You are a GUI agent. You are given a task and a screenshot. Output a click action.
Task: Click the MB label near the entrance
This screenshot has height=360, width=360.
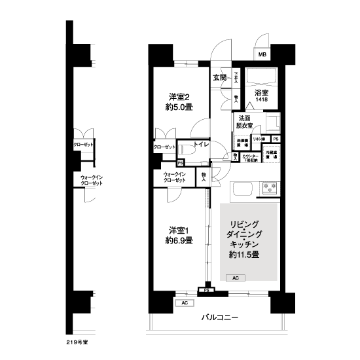click(262, 55)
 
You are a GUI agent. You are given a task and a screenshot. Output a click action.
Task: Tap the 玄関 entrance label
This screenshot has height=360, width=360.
click(219, 77)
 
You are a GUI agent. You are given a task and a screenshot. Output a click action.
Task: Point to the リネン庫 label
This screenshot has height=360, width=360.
click(259, 139)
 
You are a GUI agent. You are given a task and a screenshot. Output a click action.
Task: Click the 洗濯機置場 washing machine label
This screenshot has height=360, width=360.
click(242, 141)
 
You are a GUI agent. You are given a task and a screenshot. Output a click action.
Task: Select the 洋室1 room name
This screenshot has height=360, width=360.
click(178, 230)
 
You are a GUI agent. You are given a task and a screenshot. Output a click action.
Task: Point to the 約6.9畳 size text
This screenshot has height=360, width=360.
click(178, 242)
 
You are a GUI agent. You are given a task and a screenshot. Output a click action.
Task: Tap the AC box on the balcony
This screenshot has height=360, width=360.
click(185, 303)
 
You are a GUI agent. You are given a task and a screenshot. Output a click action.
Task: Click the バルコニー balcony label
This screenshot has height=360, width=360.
click(219, 319)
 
